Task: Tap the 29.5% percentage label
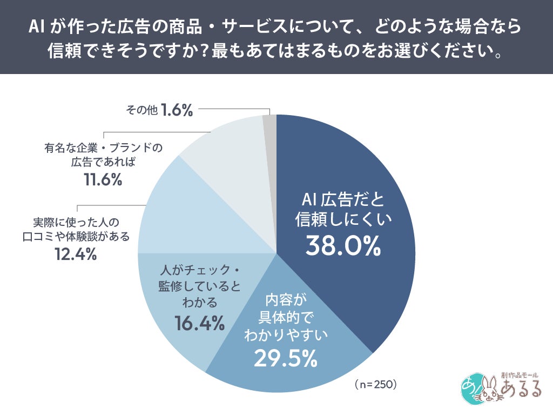click(x=281, y=358)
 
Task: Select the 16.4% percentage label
click(x=199, y=323)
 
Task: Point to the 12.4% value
click(x=76, y=253)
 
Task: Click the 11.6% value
click(x=103, y=180)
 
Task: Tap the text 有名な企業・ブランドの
click(x=103, y=147)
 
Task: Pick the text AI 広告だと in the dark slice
click(x=343, y=200)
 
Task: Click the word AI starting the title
click(x=37, y=27)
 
